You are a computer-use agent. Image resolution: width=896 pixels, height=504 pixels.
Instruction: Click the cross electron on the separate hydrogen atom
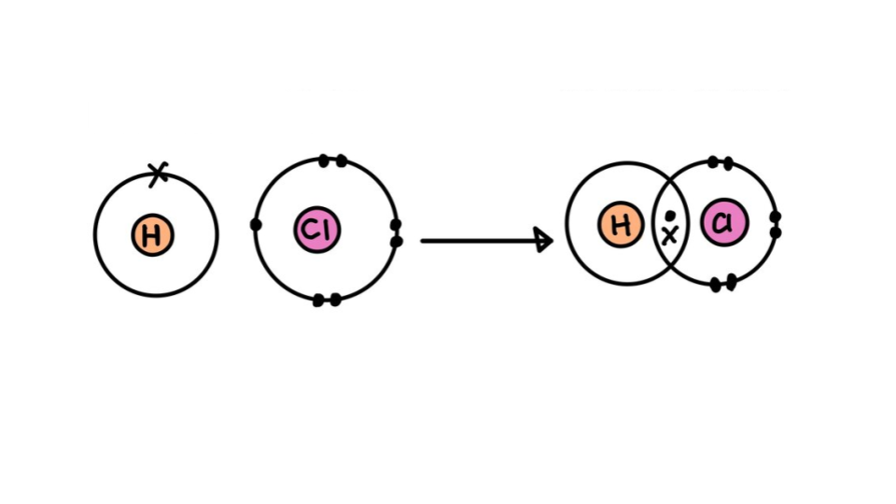(159, 173)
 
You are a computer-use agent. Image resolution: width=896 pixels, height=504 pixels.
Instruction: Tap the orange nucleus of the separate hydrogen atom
(153, 235)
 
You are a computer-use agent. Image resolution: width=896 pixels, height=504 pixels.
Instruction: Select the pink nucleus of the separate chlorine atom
(317, 230)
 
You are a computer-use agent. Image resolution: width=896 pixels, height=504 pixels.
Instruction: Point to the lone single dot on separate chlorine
(256, 224)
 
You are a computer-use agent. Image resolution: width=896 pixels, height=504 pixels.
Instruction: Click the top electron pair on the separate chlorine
(332, 161)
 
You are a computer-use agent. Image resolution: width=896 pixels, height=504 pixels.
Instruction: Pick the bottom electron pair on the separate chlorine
(327, 300)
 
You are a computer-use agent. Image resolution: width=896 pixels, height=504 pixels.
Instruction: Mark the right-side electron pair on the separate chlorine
(396, 233)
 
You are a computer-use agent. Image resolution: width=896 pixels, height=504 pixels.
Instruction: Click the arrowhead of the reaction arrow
(544, 240)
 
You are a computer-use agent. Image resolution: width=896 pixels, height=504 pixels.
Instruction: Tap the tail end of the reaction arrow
(423, 241)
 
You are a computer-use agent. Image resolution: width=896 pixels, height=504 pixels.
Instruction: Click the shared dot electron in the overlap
(670, 217)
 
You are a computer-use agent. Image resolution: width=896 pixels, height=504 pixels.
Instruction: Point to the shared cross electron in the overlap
(669, 235)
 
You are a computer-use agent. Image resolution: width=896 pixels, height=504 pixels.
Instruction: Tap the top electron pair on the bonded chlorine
(720, 162)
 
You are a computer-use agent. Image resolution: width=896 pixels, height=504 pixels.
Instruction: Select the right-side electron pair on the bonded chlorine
(775, 224)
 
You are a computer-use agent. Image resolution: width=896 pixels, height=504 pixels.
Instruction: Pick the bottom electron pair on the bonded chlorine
(723, 283)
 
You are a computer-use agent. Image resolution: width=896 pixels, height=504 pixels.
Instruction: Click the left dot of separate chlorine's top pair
(324, 161)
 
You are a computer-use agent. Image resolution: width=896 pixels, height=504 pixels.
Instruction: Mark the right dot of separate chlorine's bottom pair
(335, 300)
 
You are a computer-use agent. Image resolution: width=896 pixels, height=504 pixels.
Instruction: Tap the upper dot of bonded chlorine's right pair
(775, 217)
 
